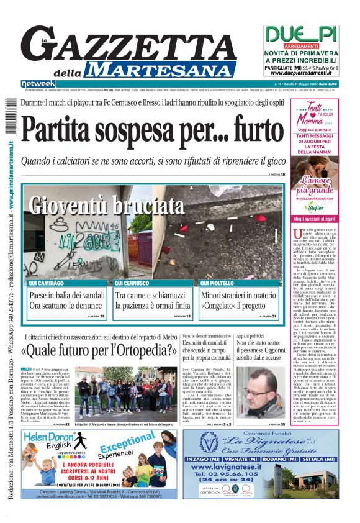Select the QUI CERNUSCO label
[x=131, y=283]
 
